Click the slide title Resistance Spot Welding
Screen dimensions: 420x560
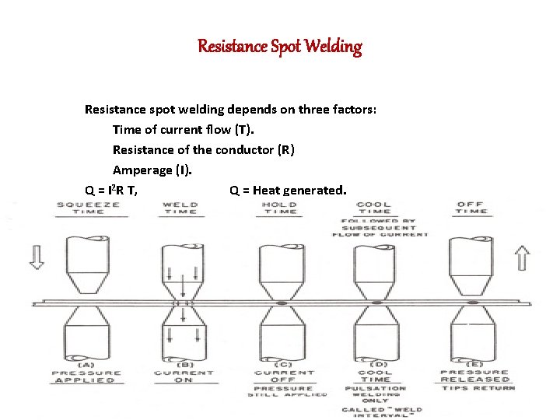pyautogui.click(x=280, y=47)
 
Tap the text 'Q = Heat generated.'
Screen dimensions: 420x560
pyautogui.click(x=289, y=189)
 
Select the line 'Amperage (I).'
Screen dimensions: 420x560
pyautogui.click(x=151, y=169)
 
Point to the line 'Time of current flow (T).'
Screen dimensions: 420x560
pyautogui.click(x=178, y=128)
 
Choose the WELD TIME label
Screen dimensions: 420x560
pyautogui.click(x=179, y=208)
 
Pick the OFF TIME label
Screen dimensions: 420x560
pyautogui.click(x=471, y=208)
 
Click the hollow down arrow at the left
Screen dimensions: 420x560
pyautogui.click(x=37, y=255)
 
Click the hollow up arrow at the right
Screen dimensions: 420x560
pyautogui.click(x=522, y=257)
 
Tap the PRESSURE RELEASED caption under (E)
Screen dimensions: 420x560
pyautogui.click(x=474, y=376)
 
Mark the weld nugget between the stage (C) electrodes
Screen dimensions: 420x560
pyautogui.click(x=280, y=302)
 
